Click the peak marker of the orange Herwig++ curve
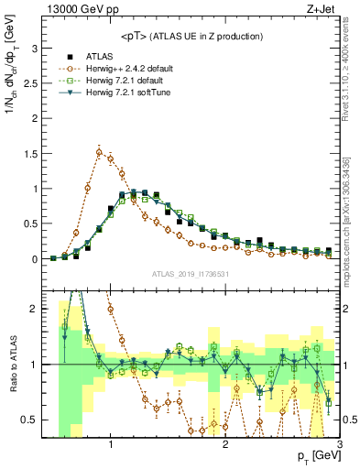click(x=99, y=152)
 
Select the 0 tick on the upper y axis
click(x=35, y=259)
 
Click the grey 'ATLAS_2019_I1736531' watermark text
click(x=190, y=274)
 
